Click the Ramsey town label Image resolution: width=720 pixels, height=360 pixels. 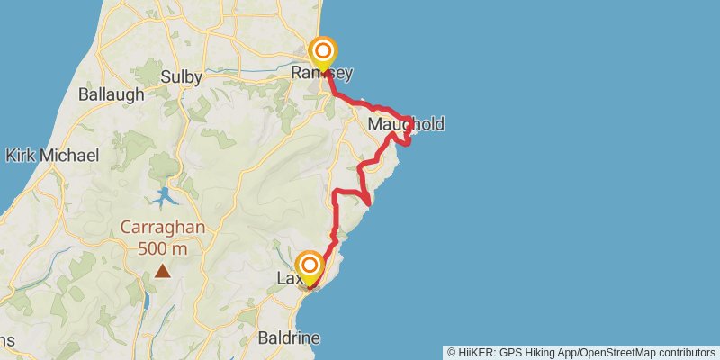click(322, 74)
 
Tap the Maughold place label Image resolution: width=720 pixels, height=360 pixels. click(406, 124)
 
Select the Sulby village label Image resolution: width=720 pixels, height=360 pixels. click(181, 76)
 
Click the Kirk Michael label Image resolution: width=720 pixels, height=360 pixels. click(51, 156)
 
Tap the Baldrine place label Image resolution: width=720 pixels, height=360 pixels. click(288, 339)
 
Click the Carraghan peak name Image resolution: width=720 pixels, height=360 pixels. click(162, 228)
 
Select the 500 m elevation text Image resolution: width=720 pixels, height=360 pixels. click(163, 247)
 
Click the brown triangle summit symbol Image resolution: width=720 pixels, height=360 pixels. click(163, 270)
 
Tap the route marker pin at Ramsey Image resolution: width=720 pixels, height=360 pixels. click(321, 52)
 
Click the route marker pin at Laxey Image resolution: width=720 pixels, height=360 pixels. click(310, 266)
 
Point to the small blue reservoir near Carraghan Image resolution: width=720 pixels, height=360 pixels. click(166, 197)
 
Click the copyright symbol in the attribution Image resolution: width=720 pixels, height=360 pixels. click(452, 353)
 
